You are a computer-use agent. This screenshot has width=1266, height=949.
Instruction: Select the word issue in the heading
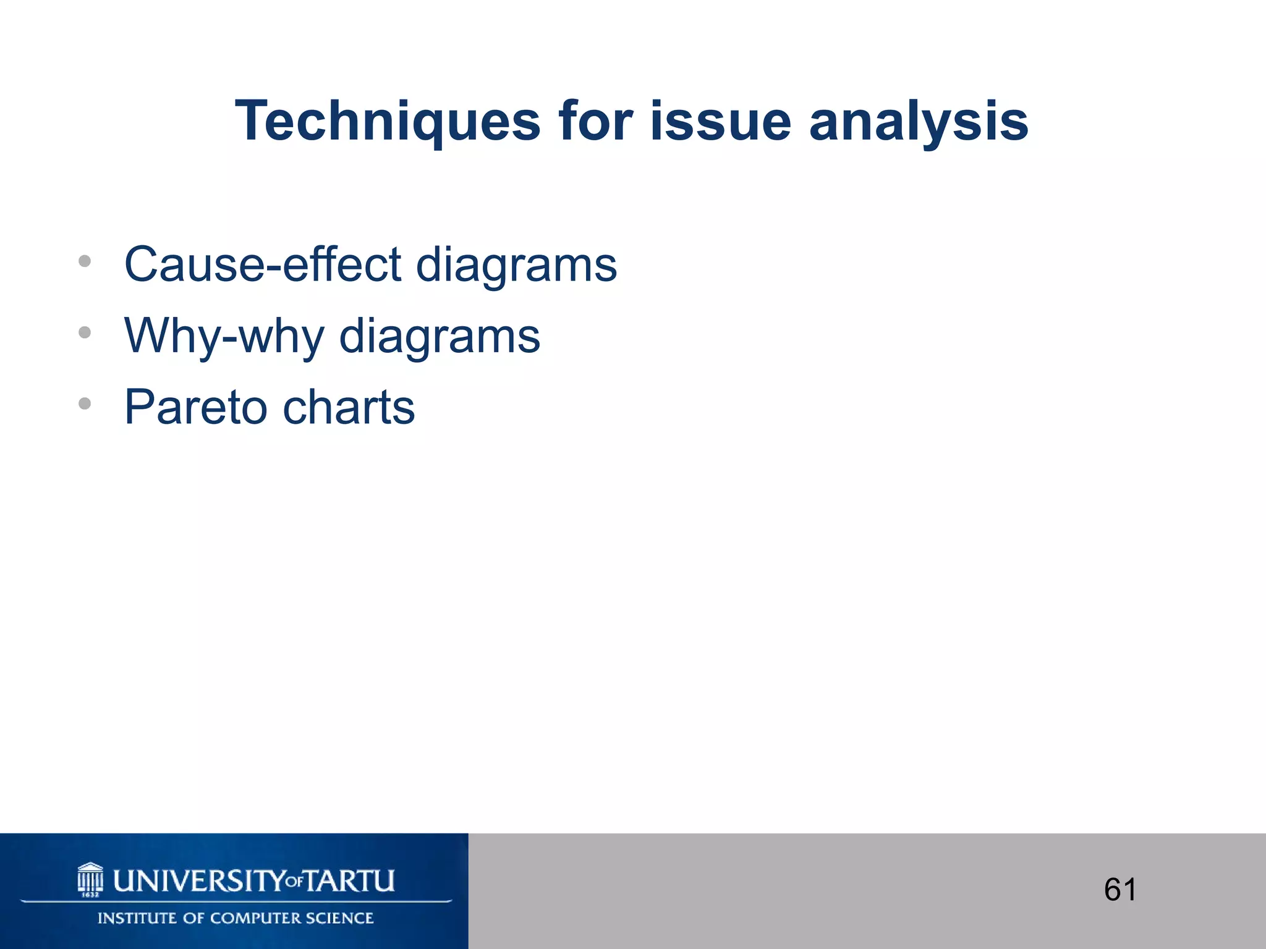[720, 122]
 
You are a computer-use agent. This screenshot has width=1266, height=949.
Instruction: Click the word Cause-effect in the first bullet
[263, 264]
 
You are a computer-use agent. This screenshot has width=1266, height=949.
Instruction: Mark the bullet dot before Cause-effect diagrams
[85, 261]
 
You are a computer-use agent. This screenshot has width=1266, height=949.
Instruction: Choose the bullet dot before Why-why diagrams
[85, 333]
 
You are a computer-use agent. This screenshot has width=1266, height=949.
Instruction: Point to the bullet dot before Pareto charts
[85, 404]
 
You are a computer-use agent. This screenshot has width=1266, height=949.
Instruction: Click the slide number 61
[1120, 890]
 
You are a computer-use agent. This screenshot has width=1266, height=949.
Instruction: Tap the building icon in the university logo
[90, 879]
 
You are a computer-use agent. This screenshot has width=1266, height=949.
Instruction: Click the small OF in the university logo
[295, 882]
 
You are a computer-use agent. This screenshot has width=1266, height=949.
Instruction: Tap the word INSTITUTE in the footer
[138, 918]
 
